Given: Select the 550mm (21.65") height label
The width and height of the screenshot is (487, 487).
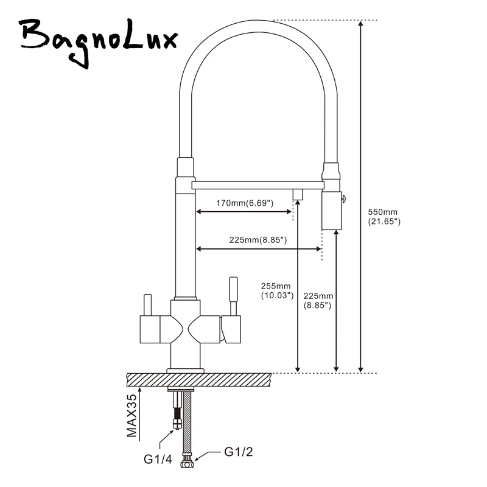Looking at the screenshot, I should (384, 217).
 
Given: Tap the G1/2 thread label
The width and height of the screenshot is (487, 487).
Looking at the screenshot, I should (238, 452).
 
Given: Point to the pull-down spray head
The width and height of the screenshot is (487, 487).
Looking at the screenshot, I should (331, 207).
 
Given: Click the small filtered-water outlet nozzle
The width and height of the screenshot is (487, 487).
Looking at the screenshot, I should (298, 194).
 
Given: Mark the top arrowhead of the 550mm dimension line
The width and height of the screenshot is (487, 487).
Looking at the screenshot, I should (362, 24).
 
